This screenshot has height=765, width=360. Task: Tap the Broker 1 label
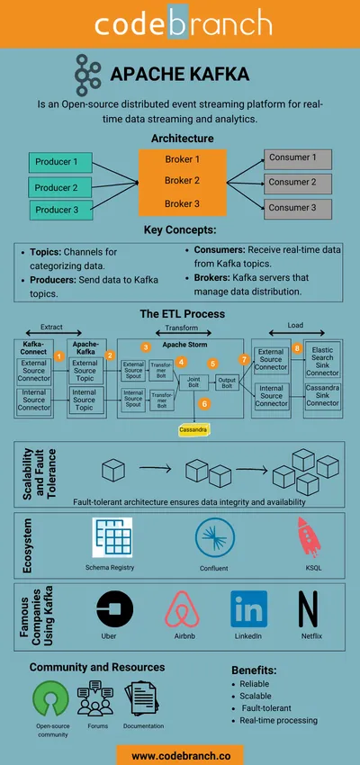(182, 159)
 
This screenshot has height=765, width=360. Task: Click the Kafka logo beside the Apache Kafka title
(87, 73)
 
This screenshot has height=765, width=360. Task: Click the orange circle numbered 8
(297, 347)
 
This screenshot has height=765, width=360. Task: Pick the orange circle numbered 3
(146, 346)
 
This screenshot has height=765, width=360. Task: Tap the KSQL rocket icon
(309, 538)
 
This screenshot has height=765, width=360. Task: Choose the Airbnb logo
(183, 609)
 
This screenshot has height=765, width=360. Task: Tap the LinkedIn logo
(248, 609)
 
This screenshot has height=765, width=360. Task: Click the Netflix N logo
(309, 609)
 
